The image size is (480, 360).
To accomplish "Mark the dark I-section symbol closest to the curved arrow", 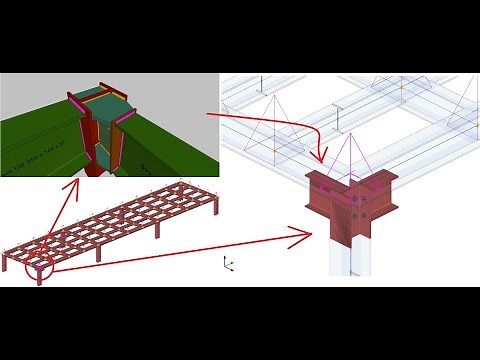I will click(x=341, y=120).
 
